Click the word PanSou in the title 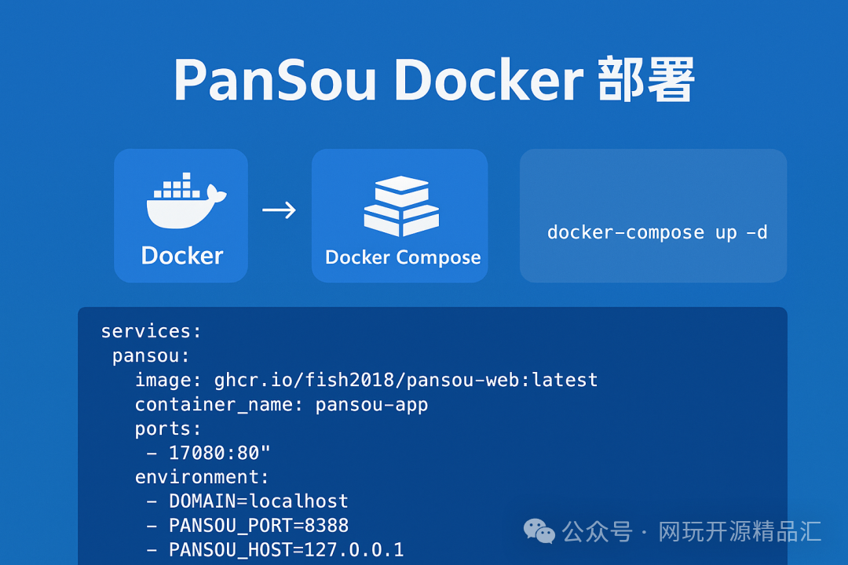click(275, 80)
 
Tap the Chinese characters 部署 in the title click(646, 80)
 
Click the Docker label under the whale click(182, 256)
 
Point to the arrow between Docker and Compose click(279, 210)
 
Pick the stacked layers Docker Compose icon click(400, 206)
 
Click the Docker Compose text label click(403, 257)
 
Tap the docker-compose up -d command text click(657, 232)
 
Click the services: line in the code click(152, 331)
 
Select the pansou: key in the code click(151, 355)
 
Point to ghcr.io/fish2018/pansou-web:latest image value click(406, 381)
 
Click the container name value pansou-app click(371, 405)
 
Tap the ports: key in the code click(168, 429)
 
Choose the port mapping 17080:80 click(219, 454)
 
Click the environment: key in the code click(202, 477)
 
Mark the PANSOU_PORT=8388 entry click(258, 526)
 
